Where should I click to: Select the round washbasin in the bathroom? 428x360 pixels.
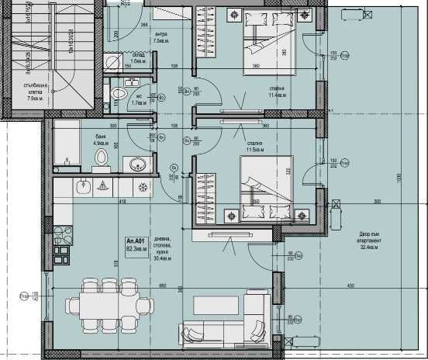[138, 163]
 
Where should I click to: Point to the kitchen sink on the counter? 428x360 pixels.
[104, 186]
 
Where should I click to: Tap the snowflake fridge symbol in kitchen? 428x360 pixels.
[142, 187]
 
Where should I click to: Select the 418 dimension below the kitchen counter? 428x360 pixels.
[121, 202]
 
